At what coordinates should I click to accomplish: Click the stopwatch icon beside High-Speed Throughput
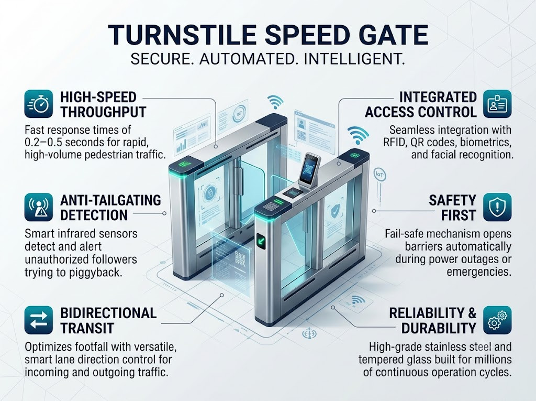[39, 104]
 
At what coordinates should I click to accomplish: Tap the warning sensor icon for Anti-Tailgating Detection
[39, 207]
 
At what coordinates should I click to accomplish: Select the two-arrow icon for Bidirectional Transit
[39, 320]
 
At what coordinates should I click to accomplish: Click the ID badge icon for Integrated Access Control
[497, 104]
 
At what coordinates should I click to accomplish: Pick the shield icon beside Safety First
[497, 207]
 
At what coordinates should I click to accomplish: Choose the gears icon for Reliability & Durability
[497, 320]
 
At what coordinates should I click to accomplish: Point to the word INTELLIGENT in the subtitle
[354, 59]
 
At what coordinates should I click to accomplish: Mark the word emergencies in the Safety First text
[479, 272]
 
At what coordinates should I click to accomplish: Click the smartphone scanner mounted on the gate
[308, 169]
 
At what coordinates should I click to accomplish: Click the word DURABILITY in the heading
[439, 328]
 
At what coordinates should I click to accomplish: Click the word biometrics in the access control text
[481, 143]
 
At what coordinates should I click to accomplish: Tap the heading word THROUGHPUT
[103, 112]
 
